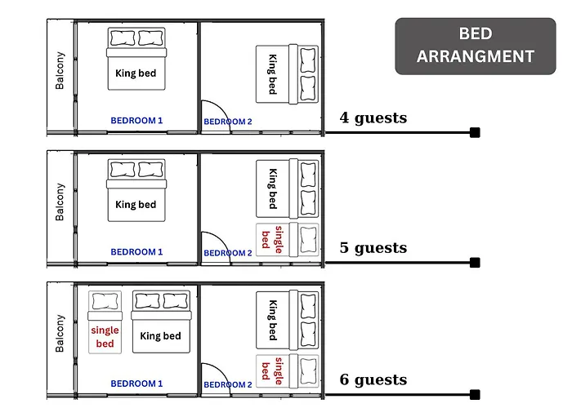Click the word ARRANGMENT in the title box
476,56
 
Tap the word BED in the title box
476,33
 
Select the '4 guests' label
373,118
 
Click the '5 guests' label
373,248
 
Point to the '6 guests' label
373,379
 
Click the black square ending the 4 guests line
475,132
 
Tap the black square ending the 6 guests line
475,394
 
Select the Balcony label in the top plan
60,71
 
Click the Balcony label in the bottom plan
60,333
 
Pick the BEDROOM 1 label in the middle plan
136,252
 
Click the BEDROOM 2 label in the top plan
228,122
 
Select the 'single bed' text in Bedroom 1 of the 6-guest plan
105,337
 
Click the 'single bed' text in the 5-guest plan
272,239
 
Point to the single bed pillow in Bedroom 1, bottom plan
105,301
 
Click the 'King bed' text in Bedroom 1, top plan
136,73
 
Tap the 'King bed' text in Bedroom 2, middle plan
273,188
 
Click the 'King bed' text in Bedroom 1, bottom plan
160,336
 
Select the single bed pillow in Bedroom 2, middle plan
308,239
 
